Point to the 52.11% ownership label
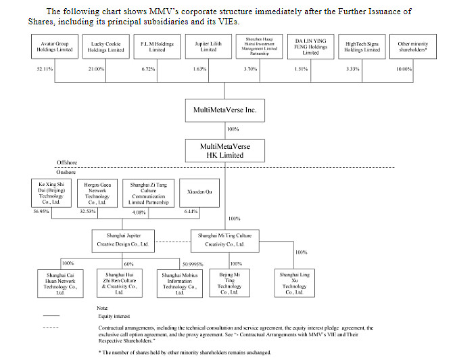pos(45,69)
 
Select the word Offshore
pos(68,164)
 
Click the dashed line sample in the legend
pos(51,328)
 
